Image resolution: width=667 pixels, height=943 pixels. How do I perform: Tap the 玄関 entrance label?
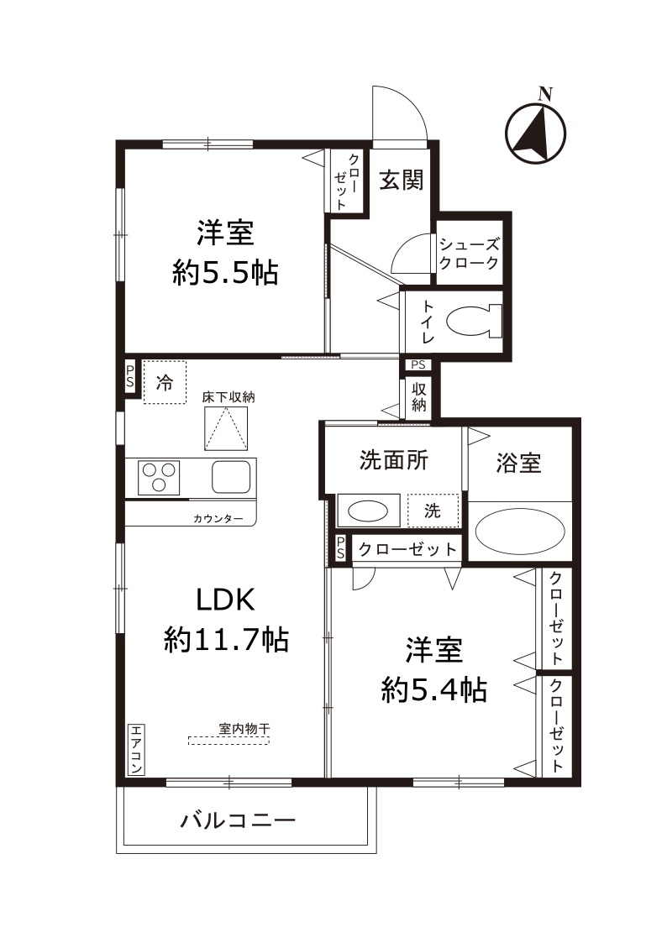pos(401,180)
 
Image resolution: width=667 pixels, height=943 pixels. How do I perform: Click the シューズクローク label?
pos(470,252)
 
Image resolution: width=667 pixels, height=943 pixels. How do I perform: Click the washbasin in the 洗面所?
pos(368,511)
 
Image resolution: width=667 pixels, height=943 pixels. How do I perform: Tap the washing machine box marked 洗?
pos(433,511)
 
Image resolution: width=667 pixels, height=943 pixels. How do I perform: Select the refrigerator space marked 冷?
pos(164,383)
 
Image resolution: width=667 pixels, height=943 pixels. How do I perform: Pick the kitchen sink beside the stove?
pos(231,477)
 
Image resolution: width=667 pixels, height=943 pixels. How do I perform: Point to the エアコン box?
pos(136,750)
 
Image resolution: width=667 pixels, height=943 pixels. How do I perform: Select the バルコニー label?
pos(239,819)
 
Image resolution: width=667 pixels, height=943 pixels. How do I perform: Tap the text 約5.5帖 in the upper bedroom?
pos(225,273)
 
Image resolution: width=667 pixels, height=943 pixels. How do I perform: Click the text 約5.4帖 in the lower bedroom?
pos(433,689)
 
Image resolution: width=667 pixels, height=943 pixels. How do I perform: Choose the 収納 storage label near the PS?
pos(418,398)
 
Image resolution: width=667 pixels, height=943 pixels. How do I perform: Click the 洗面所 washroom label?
pos(393,460)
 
